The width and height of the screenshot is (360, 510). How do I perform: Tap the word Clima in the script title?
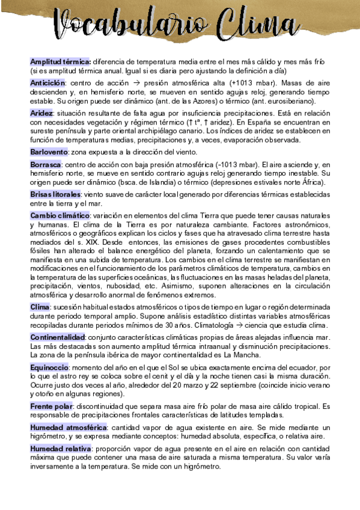click(273, 27)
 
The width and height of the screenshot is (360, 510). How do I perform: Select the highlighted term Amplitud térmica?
click(60, 61)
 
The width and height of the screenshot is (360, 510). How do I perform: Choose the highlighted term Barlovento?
click(49, 152)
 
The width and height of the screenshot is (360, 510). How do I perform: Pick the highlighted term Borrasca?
click(46, 164)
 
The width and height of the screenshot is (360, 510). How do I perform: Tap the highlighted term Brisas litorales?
click(55, 195)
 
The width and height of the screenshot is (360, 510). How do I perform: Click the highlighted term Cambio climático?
click(59, 215)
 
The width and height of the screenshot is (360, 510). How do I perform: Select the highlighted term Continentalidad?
click(58, 337)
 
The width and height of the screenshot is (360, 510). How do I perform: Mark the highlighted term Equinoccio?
click(51, 366)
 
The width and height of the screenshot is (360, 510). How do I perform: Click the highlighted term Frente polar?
click(51, 406)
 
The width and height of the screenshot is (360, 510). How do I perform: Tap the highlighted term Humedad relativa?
click(60, 449)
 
